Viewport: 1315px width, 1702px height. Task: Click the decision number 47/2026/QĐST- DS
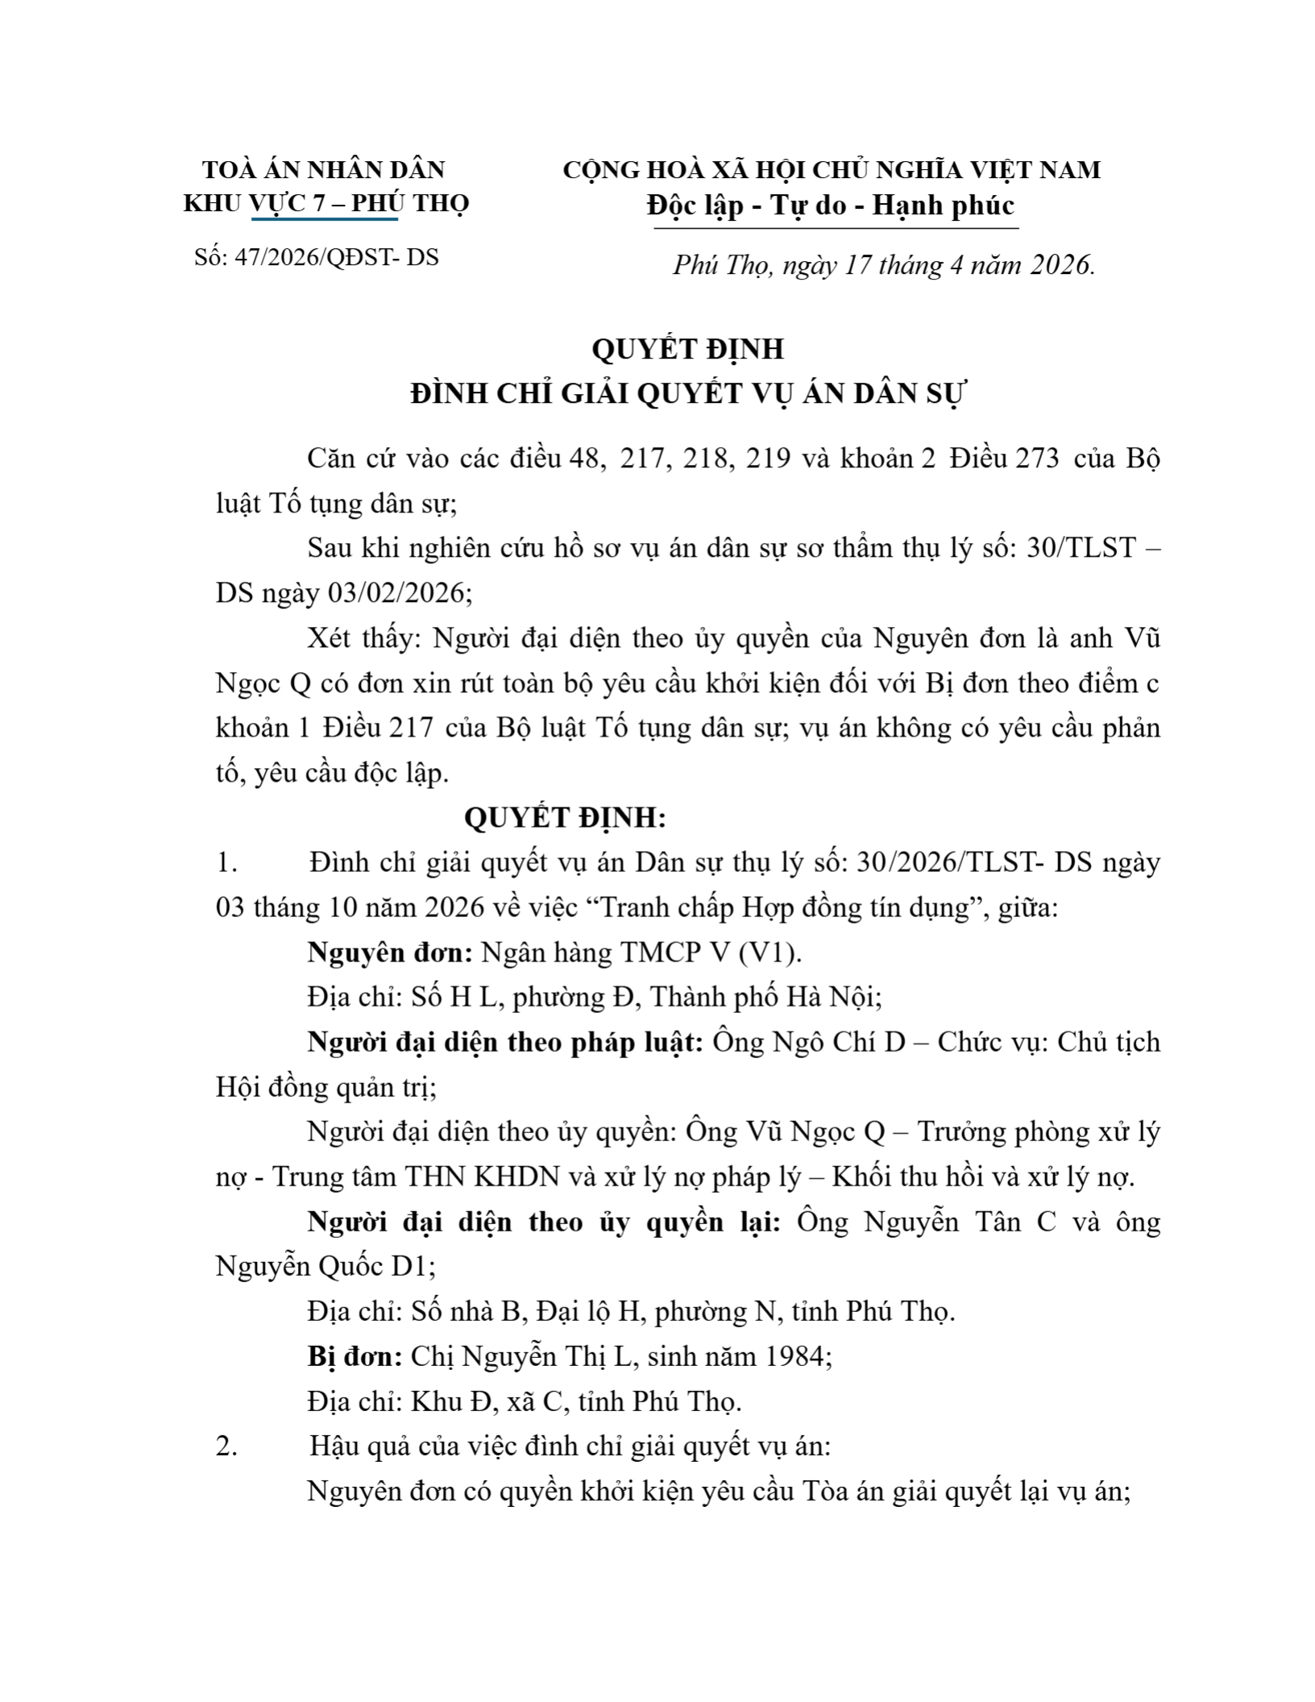(x=317, y=257)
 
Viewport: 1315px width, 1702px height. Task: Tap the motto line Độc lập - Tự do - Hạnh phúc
(x=830, y=205)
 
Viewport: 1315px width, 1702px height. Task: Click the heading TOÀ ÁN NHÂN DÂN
(x=323, y=169)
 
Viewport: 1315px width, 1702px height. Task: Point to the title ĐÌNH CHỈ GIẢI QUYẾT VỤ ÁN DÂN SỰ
(x=687, y=394)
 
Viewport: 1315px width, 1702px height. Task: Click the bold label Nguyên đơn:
(x=390, y=953)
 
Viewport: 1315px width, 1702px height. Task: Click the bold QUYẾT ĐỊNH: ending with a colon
(x=565, y=818)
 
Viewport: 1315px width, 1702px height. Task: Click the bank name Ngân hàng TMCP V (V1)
(x=641, y=953)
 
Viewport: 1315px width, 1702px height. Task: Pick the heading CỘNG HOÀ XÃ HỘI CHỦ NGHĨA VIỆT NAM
(x=831, y=170)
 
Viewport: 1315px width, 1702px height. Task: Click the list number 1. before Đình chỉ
(x=226, y=863)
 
